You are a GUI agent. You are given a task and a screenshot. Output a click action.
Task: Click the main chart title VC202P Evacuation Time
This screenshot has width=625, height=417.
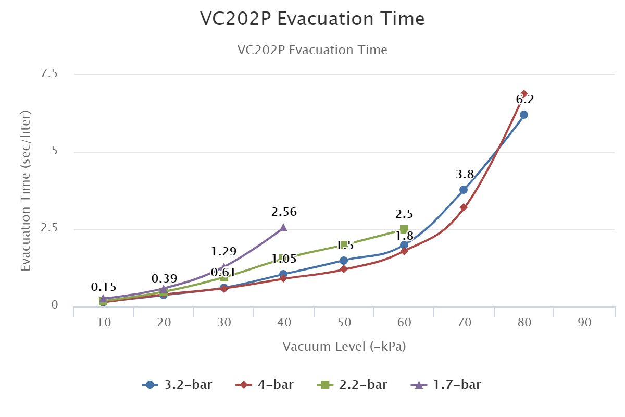click(312, 19)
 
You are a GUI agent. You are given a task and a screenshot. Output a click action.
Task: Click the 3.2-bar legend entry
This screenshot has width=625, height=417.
click(177, 385)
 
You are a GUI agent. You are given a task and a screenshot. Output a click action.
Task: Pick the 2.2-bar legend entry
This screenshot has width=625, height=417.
click(353, 385)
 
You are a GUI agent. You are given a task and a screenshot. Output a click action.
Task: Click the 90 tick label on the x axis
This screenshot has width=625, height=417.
click(585, 323)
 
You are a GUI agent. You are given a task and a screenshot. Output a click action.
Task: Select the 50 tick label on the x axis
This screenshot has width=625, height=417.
click(344, 323)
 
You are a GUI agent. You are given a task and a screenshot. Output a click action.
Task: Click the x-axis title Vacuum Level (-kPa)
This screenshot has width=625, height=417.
click(344, 347)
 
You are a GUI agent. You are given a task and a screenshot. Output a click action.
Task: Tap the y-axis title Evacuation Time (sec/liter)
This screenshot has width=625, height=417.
click(26, 190)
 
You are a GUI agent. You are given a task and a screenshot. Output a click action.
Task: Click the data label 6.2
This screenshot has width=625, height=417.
click(524, 100)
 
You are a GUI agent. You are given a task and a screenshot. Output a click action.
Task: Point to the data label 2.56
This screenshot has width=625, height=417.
click(284, 212)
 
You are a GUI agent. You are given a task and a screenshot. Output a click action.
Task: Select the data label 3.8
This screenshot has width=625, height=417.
click(464, 175)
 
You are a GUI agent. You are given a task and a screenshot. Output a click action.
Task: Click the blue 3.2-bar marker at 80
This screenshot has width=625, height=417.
click(524, 115)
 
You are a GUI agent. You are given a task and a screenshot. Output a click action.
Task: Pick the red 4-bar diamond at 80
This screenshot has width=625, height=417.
click(524, 94)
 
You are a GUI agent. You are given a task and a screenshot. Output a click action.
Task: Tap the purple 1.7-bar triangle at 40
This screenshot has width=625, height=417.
click(283, 227)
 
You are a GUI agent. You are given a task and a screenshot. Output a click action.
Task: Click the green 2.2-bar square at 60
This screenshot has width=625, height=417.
click(404, 229)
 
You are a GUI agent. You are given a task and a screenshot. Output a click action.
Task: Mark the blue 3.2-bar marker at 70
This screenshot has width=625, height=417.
click(464, 190)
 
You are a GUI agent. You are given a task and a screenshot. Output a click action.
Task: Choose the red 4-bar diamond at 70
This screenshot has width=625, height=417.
click(464, 207)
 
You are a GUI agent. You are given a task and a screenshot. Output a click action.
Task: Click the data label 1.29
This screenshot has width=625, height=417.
click(223, 252)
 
